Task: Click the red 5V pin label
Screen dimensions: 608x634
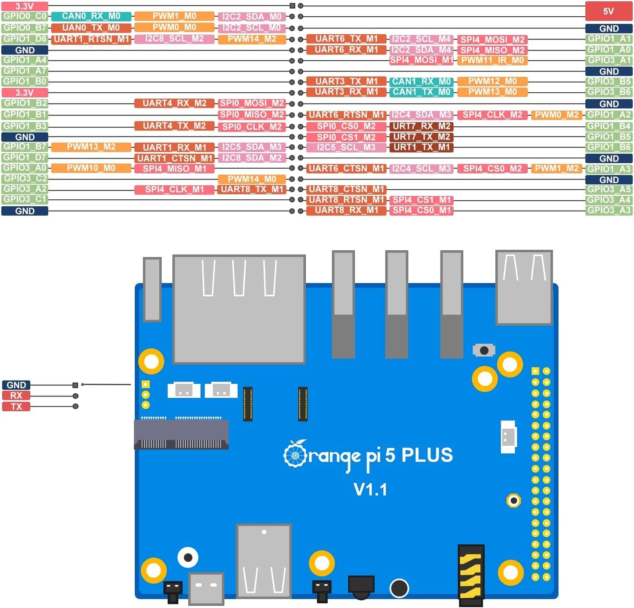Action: tap(609, 11)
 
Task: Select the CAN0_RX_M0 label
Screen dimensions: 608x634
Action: tap(91, 16)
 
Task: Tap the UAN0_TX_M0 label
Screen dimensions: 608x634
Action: tap(91, 28)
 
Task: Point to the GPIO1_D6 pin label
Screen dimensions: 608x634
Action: tap(25, 39)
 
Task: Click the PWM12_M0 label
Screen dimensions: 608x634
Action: tap(492, 81)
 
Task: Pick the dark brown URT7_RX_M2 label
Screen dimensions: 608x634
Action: tap(421, 126)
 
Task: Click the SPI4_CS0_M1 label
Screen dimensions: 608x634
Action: tap(421, 210)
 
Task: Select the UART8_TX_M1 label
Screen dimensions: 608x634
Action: tap(252, 189)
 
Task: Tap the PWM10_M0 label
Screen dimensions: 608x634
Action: tap(91, 168)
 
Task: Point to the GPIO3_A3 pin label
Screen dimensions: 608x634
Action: tap(609, 210)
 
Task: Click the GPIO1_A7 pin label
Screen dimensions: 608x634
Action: tap(25, 71)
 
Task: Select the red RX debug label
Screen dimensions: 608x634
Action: tap(16, 396)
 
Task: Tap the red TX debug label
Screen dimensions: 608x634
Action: tap(16, 407)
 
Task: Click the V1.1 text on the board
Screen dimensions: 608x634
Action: tap(370, 489)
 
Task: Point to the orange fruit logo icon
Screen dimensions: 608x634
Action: tap(295, 454)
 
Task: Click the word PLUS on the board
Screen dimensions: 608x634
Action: tap(427, 455)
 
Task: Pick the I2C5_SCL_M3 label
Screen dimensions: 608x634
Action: tap(346, 147)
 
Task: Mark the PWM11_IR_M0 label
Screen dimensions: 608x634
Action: tap(492, 60)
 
